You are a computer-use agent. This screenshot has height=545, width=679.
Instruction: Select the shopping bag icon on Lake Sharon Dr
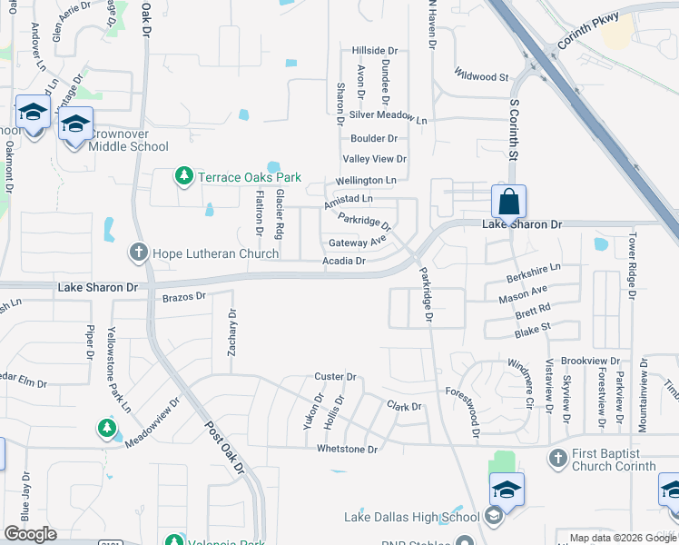509,202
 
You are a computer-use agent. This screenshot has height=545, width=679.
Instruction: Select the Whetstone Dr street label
347,449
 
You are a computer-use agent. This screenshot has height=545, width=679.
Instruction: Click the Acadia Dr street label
344,262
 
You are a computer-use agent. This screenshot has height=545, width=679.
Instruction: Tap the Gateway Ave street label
358,243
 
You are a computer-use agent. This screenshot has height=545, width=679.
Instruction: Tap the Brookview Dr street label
589,361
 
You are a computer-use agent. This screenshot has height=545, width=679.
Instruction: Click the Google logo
30,534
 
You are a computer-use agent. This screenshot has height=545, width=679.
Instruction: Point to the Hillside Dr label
375,51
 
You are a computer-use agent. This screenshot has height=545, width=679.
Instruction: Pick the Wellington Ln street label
367,181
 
